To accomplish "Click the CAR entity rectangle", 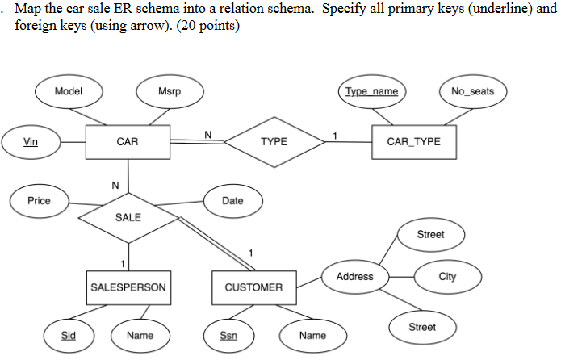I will pos(127,142).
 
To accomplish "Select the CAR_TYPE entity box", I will pos(413,142).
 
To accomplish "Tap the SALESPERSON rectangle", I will pos(128,287).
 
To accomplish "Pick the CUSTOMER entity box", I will pos(253,287).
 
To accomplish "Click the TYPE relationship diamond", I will pos(274,142).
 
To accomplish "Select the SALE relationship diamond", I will pos(128,217).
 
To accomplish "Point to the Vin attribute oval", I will pos(31,142).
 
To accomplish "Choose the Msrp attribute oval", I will pos(170,92).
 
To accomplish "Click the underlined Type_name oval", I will pos(371,91).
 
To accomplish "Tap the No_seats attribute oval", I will pos(472,91).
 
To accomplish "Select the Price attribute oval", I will pos(39,201).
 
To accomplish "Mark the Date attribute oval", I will pos(232,201).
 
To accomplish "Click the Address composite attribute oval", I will pos(354,277).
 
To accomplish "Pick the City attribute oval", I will pos(447,277).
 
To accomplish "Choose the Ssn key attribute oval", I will pos(228,335).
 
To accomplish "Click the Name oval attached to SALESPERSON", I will pos(140,335).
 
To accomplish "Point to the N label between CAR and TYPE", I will pos(207,134).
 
